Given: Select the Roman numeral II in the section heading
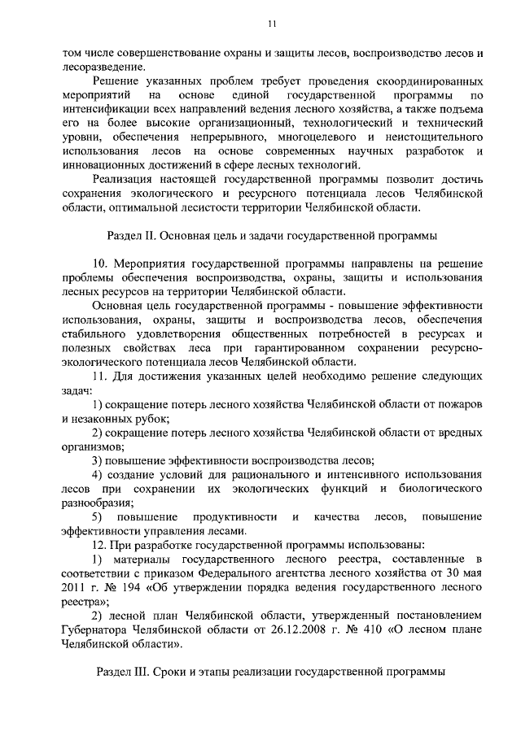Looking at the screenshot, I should (x=151, y=236).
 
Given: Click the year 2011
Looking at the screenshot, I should (x=77, y=588).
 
